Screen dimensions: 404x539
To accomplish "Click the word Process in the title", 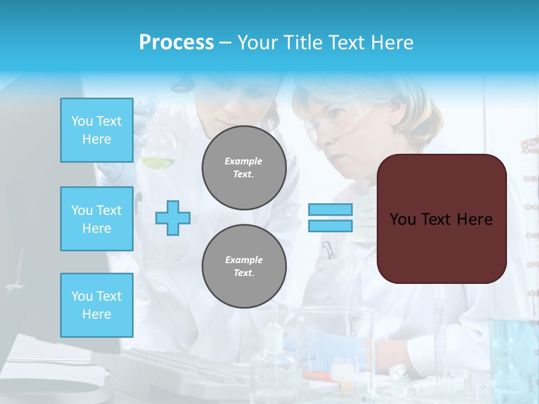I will pos(176,43).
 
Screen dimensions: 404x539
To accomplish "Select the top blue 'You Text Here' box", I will pos(97,130).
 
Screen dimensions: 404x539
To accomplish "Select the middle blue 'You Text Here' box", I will pos(97,219).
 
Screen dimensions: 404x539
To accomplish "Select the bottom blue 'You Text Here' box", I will pos(97,305).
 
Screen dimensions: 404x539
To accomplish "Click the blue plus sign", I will pos(173,218).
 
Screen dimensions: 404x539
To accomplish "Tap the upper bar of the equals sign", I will pos(330,210).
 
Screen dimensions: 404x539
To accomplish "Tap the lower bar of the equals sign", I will pos(330,226).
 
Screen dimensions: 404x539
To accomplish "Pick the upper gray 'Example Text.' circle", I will pos(244,168).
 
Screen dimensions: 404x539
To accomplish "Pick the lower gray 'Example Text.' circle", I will pos(244,266).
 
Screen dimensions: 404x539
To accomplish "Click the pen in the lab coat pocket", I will pos(327,250).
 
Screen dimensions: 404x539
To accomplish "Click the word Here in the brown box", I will pos(474,219).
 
